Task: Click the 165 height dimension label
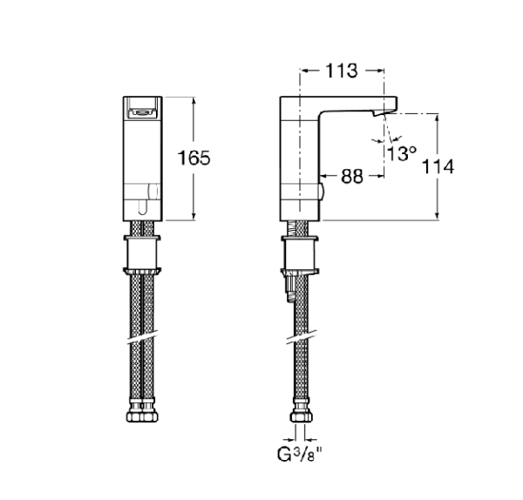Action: [x=194, y=159]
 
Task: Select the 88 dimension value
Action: [x=351, y=176]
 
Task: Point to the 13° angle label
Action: [x=402, y=154]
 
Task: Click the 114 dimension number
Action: [x=437, y=166]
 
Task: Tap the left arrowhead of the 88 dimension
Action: [x=327, y=176]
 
